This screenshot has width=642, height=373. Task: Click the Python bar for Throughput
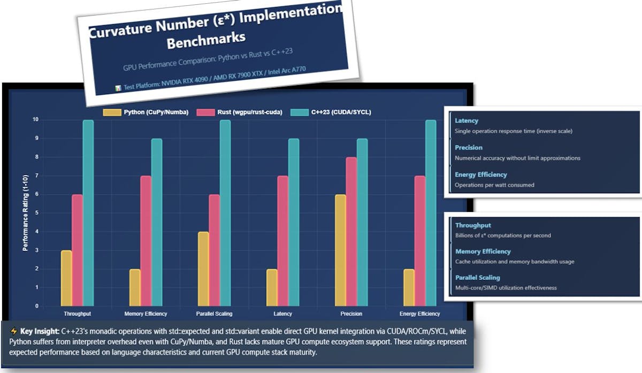pyautogui.click(x=66, y=278)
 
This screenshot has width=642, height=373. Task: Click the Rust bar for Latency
pyautogui.click(x=283, y=241)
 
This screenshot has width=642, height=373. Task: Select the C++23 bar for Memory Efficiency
pyautogui.click(x=157, y=222)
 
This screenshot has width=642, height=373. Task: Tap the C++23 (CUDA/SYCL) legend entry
pyautogui.click(x=331, y=112)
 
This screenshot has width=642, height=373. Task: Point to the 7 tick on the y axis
pyautogui.click(x=36, y=176)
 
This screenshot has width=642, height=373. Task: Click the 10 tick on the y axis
pyautogui.click(x=35, y=120)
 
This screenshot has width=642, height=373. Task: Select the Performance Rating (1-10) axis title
pyautogui.click(x=25, y=212)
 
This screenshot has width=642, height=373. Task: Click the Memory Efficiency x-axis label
pyautogui.click(x=146, y=314)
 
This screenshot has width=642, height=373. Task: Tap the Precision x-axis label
pyautogui.click(x=351, y=314)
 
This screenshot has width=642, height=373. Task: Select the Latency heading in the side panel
pyautogui.click(x=467, y=121)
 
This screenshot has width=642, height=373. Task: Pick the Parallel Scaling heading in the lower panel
pyautogui.click(x=478, y=278)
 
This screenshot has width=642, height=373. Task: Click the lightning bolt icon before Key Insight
pyautogui.click(x=14, y=331)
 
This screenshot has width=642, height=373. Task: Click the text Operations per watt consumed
pyautogui.click(x=494, y=185)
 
